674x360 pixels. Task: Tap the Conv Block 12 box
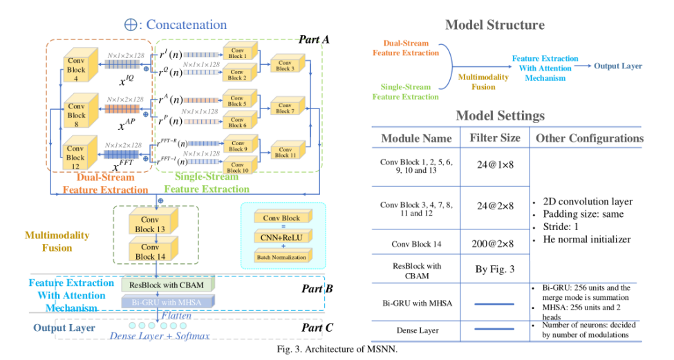pyautogui.click(x=76, y=153)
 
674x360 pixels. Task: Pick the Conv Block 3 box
pyautogui.click(x=284, y=65)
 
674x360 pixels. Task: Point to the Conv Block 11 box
pyautogui.click(x=284, y=152)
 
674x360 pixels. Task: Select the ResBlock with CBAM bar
pyautogui.click(x=168, y=284)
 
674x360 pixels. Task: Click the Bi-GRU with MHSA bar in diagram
pyautogui.click(x=168, y=302)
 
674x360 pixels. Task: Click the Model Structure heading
pyautogui.click(x=494, y=26)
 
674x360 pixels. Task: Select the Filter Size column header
pyautogui.click(x=494, y=138)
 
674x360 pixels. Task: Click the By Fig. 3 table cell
pyautogui.click(x=494, y=269)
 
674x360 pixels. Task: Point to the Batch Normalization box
pyautogui.click(x=282, y=257)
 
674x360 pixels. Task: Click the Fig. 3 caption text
pyautogui.click(x=337, y=349)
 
